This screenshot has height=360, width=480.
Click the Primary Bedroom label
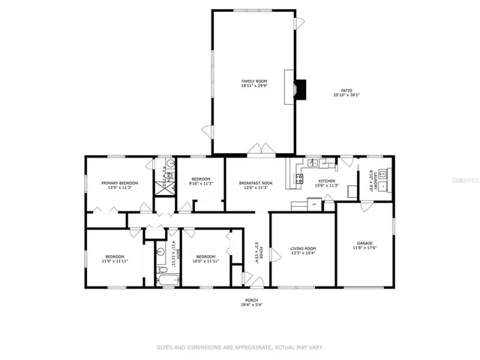pos(120,183)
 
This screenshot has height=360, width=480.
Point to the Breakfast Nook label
pos(255,183)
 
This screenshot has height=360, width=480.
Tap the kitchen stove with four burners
pos(298,178)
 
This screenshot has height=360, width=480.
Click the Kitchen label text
pos(328,181)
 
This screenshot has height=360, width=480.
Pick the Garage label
pos(365,244)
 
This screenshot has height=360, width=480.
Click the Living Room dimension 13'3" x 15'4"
pos(304,253)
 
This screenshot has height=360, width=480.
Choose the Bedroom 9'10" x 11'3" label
pos(201,181)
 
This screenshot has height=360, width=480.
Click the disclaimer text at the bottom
pos(240,347)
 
